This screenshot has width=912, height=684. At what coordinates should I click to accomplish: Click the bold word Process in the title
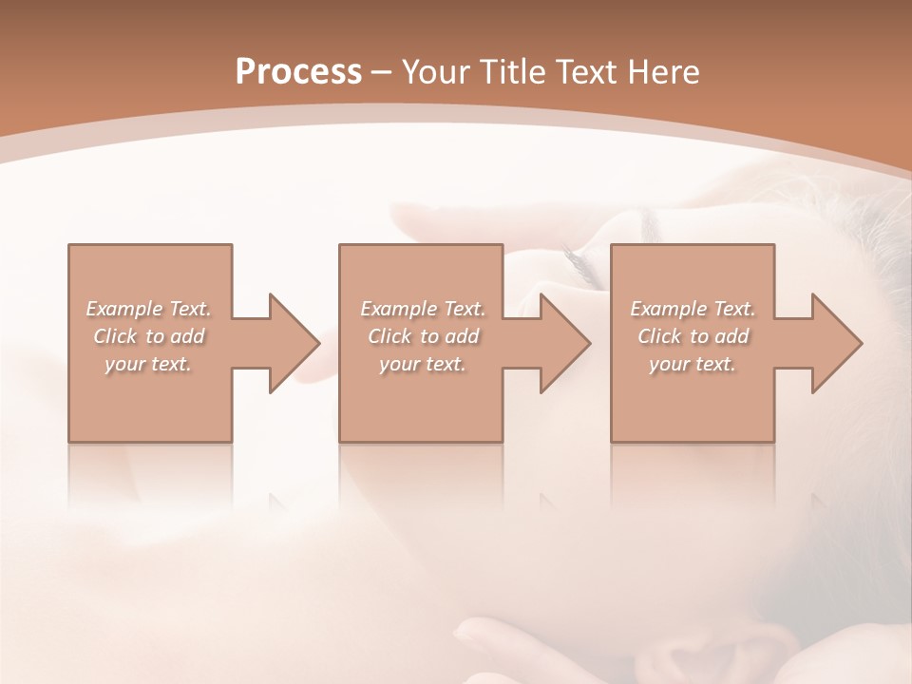coord(298,72)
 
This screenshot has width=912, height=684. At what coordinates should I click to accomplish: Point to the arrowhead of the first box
coord(294,343)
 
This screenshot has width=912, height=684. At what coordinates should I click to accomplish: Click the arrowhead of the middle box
coord(564,343)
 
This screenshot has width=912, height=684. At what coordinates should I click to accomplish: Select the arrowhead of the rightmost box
coord(836,343)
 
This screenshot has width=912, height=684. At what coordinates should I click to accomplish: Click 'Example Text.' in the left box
coord(148,309)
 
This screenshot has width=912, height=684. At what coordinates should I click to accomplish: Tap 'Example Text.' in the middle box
coord(422,309)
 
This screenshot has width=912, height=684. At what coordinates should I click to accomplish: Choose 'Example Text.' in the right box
coord(693,309)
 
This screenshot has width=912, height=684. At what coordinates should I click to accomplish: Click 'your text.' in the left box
coord(148,364)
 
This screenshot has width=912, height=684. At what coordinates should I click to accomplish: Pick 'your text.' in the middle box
coord(422,364)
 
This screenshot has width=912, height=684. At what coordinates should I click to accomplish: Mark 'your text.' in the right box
coord(693,364)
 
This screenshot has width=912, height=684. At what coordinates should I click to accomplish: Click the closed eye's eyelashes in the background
coord(579,261)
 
